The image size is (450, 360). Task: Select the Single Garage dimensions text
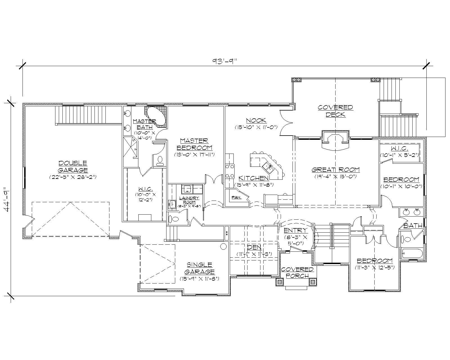pos(199,279)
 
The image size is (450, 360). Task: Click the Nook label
pos(256,121)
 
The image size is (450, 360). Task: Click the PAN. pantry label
pos(236,197)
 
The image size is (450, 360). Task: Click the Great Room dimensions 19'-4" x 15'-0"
pos(336,177)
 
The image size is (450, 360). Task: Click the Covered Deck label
pos(335,111)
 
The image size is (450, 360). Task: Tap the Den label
pos(254,247)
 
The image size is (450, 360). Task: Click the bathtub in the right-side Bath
pos(412,254)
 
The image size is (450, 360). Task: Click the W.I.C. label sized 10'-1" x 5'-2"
pos(399,148)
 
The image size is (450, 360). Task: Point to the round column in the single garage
pos(224,247)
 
